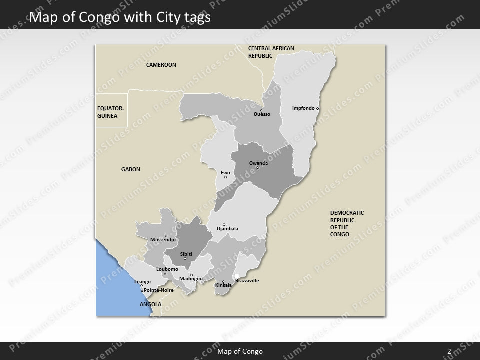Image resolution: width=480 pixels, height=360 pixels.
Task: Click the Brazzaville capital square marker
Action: pos(237,276)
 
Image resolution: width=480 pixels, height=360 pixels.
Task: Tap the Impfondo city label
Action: pos(303,108)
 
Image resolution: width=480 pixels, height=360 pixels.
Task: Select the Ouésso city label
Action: pos(262,114)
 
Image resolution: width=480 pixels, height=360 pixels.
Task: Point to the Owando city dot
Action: pos(258,167)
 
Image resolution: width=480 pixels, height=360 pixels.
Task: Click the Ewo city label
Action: pos(225,172)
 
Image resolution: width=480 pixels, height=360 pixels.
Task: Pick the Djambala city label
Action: pos(227,229)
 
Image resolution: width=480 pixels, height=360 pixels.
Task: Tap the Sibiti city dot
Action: pos(185,258)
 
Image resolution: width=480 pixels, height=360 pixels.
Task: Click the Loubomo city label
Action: pos(167,269)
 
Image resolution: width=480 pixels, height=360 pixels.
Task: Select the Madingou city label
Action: pos(191,278)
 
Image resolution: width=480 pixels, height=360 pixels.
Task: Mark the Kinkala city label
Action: pos(223,285)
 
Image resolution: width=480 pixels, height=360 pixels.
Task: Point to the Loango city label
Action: pos(142,282)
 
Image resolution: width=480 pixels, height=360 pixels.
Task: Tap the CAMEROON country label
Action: pos(161,65)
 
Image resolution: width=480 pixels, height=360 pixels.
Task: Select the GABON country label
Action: pos(131,169)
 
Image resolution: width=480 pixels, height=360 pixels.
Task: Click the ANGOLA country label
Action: pos(150,304)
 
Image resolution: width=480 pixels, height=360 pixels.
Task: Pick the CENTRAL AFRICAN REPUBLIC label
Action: pos(271,52)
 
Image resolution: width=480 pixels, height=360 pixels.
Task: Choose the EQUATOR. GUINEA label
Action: pos(110,112)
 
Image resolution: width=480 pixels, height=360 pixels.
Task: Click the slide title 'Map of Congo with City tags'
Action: pos(120,17)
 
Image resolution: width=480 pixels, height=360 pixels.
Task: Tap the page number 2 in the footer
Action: pos(449,351)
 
